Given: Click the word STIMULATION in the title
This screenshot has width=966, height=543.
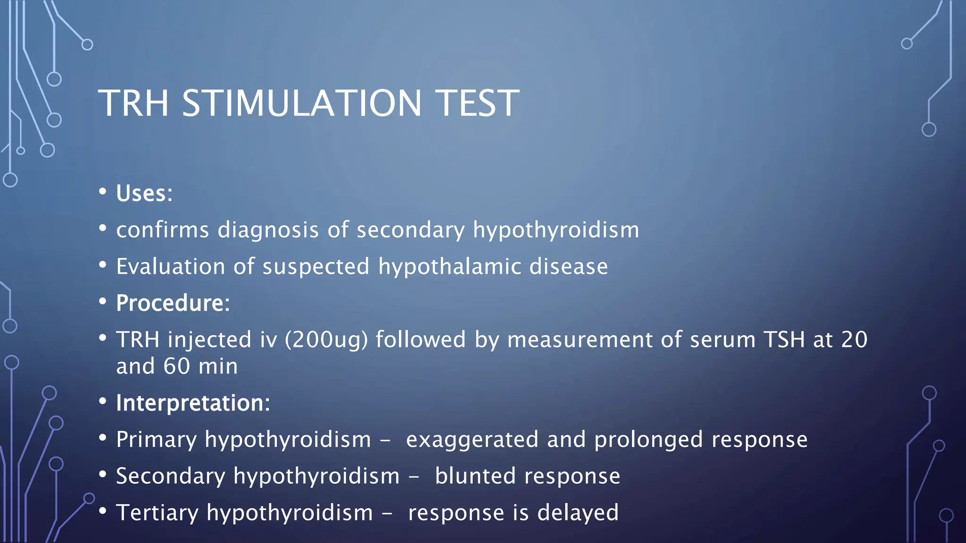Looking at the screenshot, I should pyautogui.click(x=302, y=103).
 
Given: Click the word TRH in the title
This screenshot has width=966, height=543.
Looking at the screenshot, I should pyautogui.click(x=133, y=103).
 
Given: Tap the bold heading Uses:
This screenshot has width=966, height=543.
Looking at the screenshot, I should pyautogui.click(x=144, y=193).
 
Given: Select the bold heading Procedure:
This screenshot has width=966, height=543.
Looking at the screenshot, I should pyautogui.click(x=173, y=303).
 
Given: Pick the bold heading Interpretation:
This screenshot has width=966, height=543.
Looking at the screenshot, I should pyautogui.click(x=193, y=403).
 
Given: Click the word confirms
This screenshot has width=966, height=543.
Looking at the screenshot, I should pyautogui.click(x=162, y=230).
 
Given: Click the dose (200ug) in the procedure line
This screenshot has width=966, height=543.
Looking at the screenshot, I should pyautogui.click(x=326, y=340).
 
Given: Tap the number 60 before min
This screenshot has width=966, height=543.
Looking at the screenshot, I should pyautogui.click(x=176, y=366).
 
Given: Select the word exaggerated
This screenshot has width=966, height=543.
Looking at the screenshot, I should pyautogui.click(x=472, y=440).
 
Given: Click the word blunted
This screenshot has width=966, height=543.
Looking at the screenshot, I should pyautogui.click(x=475, y=476).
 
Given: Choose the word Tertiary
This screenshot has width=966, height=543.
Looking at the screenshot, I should pyautogui.click(x=157, y=513).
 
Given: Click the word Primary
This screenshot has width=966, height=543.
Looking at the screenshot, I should pyautogui.click(x=156, y=440).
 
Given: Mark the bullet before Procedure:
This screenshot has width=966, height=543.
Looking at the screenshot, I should pyautogui.click(x=103, y=302).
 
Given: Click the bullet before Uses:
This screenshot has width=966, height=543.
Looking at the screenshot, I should pyautogui.click(x=103, y=192).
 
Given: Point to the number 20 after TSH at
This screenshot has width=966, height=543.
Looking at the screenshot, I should pyautogui.click(x=854, y=340).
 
